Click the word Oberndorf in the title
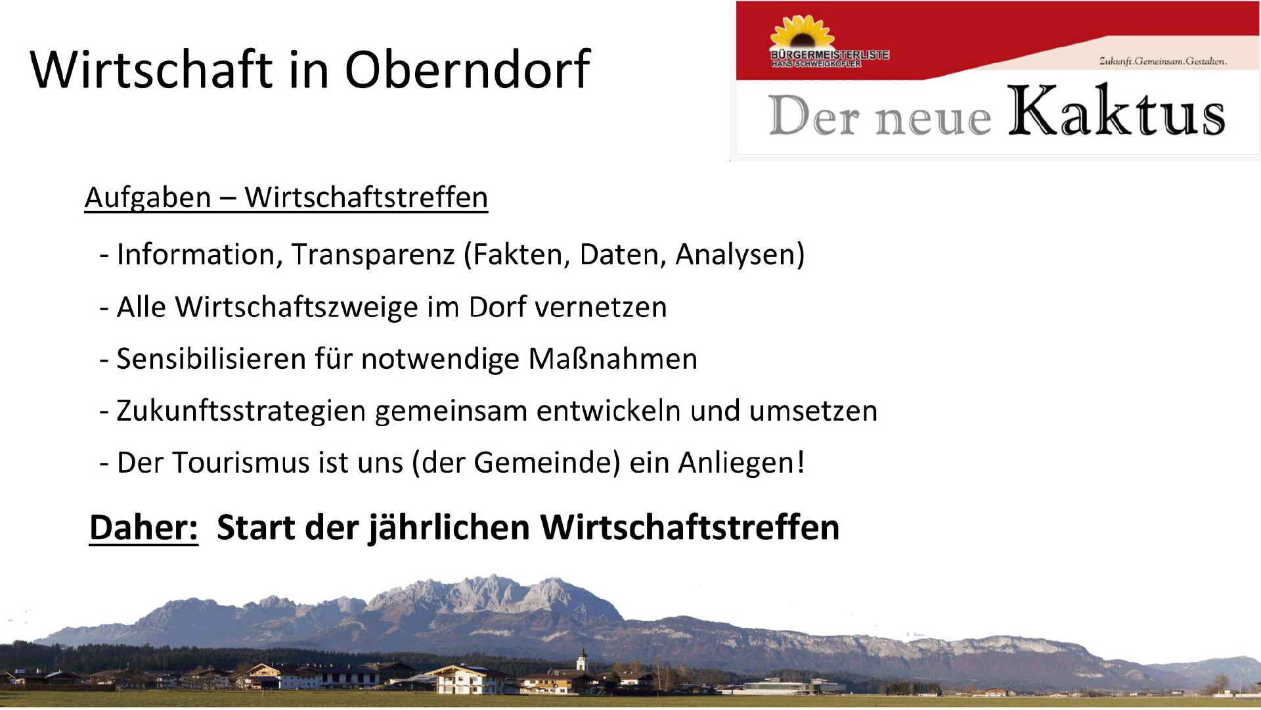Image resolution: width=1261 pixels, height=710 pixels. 467,69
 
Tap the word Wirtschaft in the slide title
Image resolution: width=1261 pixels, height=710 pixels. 151,69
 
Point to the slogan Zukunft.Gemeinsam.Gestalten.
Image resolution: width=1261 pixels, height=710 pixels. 1163,61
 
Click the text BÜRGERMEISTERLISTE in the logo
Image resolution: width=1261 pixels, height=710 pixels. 830,55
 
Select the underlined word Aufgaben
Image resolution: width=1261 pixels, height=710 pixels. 148,197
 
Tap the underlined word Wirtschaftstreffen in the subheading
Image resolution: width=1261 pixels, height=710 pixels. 366,197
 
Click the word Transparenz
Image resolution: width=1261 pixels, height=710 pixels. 373,254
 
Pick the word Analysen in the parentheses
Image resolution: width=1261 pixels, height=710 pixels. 736,255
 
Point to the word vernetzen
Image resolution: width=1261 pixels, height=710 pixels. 601,308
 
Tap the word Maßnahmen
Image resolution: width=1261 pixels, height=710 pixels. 613,359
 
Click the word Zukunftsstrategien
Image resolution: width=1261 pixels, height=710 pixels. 241,412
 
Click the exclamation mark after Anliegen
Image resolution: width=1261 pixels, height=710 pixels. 801,462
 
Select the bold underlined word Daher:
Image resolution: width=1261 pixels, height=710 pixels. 144,528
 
